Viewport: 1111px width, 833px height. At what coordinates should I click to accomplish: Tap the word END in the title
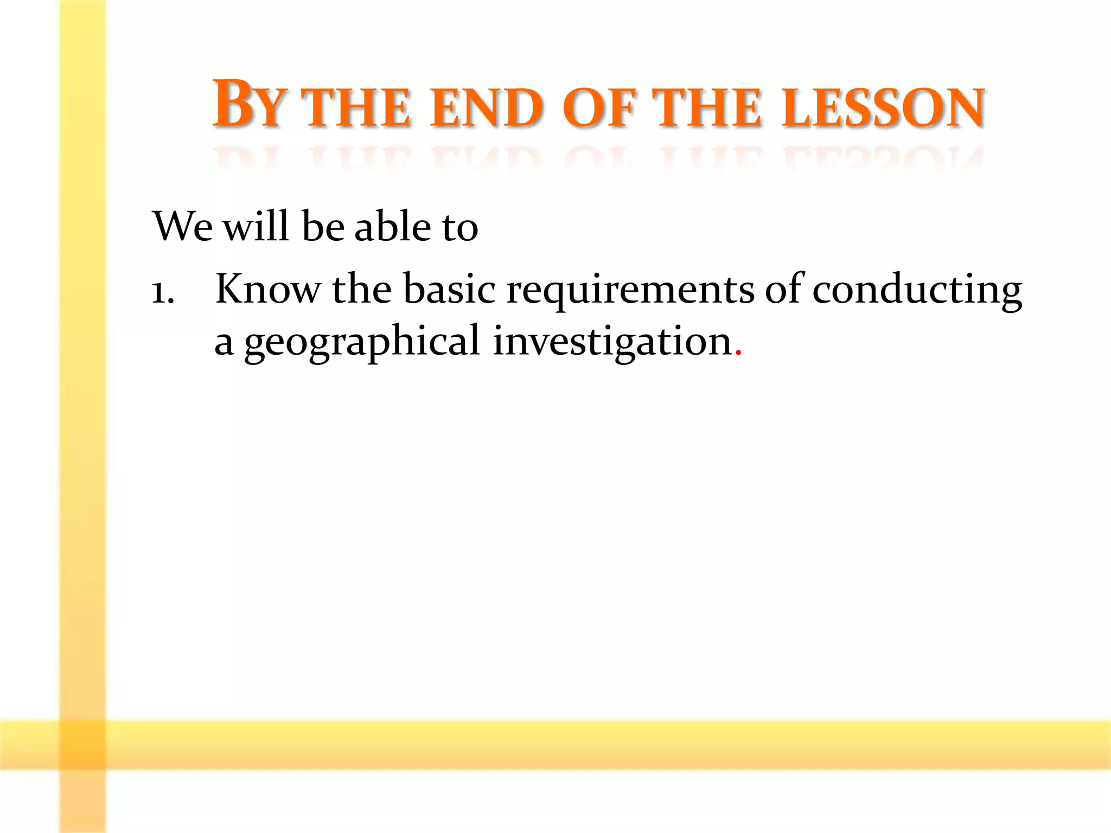point(487,108)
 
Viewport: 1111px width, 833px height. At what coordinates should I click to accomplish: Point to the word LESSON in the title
point(883,108)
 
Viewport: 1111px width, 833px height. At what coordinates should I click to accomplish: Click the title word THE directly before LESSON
point(708,108)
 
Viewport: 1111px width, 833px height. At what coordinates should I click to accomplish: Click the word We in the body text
point(183,226)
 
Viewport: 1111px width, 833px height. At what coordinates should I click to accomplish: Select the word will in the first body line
point(257,226)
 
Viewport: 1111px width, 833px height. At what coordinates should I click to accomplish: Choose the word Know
point(268,289)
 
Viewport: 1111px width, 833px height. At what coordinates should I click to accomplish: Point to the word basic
point(449,289)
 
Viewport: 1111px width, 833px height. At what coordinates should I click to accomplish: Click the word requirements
point(630,290)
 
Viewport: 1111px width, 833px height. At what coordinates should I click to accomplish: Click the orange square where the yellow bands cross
point(82,744)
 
